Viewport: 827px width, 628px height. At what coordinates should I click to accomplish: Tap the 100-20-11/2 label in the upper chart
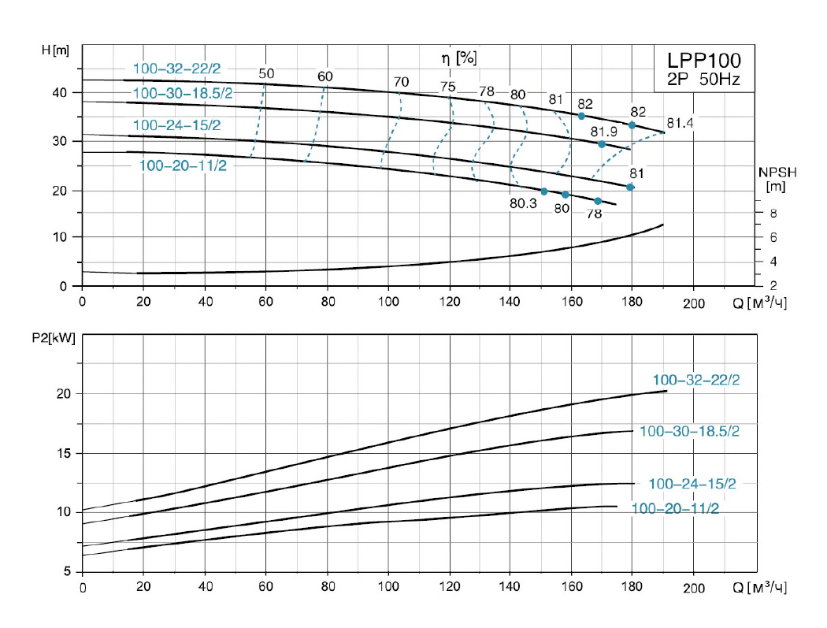click(183, 165)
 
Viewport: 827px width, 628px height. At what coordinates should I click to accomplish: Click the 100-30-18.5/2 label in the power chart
click(689, 432)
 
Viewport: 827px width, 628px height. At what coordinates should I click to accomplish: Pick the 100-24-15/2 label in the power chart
click(692, 484)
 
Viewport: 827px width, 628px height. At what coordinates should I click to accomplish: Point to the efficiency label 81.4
click(681, 123)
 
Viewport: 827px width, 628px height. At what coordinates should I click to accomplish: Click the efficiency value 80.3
click(523, 203)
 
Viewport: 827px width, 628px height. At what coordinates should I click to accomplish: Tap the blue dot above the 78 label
click(597, 201)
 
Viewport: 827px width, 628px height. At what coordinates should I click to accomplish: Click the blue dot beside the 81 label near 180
click(630, 187)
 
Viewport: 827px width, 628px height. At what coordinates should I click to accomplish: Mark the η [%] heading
click(459, 57)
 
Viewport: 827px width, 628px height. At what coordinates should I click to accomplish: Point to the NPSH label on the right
click(773, 172)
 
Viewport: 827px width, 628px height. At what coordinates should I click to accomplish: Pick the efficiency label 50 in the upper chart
click(266, 74)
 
